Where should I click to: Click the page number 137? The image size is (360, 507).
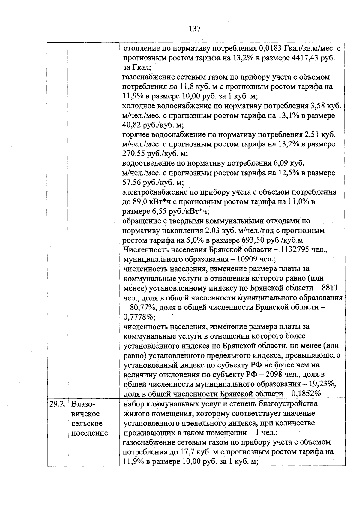(x=195, y=29)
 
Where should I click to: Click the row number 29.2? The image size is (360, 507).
(x=58, y=404)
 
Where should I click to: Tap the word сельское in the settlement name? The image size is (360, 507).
(x=87, y=423)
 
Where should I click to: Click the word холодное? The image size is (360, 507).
(x=138, y=106)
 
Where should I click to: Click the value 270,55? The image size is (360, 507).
(x=132, y=154)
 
